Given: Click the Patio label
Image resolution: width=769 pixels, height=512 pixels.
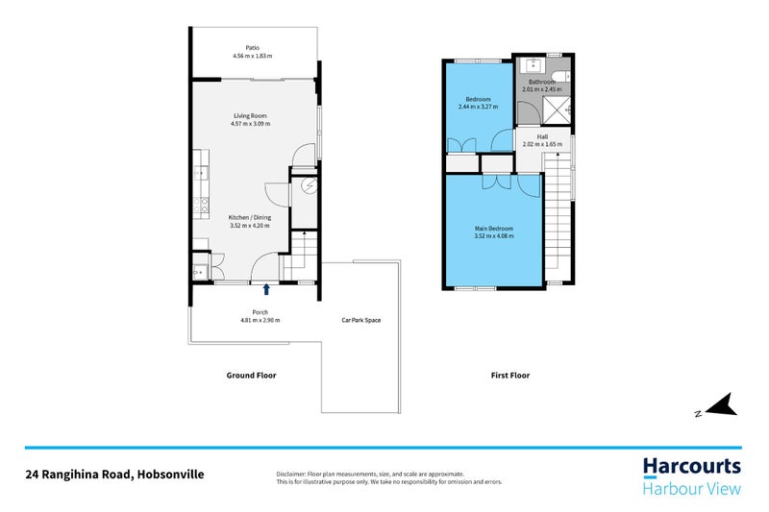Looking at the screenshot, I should click(x=252, y=47).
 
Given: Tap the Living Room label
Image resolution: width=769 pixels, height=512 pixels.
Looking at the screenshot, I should click(x=250, y=115).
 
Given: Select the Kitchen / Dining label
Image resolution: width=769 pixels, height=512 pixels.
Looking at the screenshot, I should click(x=249, y=217).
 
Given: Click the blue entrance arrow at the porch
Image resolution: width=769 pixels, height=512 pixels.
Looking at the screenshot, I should click(x=266, y=287).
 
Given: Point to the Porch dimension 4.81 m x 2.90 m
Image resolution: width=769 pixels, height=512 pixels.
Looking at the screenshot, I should click(x=260, y=320).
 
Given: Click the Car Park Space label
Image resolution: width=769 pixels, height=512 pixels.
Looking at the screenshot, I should click(x=361, y=320).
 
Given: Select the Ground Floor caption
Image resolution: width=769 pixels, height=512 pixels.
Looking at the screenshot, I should click(x=251, y=376).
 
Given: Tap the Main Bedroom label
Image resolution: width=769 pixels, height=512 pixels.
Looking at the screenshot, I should click(x=494, y=228).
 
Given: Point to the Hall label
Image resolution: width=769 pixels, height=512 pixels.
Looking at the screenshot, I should click(x=542, y=136).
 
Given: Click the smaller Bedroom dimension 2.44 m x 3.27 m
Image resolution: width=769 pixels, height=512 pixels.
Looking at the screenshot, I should click(x=479, y=107).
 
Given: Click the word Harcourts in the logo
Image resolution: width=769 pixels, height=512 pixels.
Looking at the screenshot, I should click(x=691, y=468).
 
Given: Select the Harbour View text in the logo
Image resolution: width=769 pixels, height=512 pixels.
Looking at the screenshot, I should click(x=691, y=490).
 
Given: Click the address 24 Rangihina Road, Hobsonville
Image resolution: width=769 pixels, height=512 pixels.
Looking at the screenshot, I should click(x=114, y=475).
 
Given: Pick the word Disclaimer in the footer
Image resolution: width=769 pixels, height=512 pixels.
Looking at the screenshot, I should click(x=289, y=474).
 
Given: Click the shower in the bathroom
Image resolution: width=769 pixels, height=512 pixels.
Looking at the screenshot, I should click(x=558, y=112).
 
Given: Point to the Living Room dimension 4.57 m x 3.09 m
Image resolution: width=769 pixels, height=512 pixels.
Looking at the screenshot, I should click(x=250, y=123).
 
